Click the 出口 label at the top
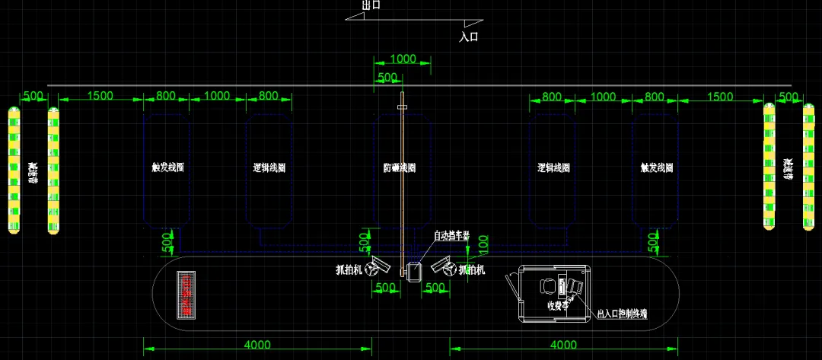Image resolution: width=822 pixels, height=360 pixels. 371,5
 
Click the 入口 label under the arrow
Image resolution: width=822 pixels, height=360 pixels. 470,36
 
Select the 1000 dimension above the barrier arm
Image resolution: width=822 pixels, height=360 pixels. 403,59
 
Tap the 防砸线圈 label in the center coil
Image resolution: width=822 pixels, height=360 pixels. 400,167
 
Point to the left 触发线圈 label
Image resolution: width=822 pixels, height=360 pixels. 168,167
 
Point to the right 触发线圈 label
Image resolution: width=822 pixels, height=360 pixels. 657,167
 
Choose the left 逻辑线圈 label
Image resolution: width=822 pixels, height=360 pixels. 269,167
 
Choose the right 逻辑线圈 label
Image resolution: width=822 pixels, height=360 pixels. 553,167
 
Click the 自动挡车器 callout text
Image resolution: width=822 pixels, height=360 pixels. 451,235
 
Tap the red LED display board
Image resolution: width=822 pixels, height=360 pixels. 184,295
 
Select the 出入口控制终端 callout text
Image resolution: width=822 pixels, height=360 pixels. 622,313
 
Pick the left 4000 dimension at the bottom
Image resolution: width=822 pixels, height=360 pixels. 257,345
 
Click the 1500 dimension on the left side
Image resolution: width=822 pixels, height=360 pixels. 100,96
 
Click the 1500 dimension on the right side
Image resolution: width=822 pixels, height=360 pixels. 720,97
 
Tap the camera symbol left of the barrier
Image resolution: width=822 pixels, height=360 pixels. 375,267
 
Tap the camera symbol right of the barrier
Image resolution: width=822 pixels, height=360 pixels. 443,266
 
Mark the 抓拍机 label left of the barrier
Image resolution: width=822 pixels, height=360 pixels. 349,269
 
